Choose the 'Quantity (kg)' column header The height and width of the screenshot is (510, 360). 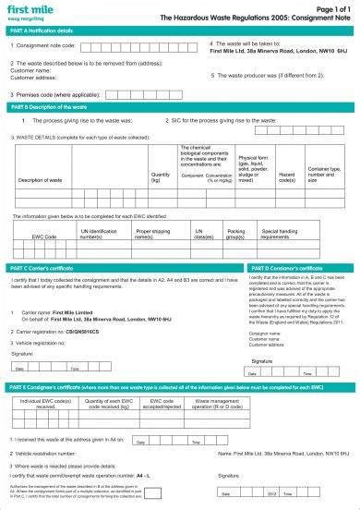[160, 176]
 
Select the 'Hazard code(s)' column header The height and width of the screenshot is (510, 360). [286, 176]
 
